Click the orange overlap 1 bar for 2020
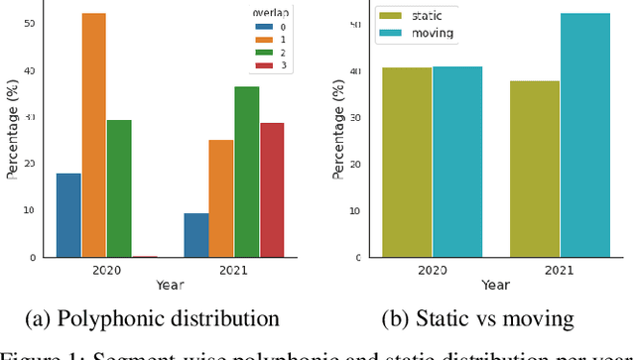(94, 135)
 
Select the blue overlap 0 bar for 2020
(68, 215)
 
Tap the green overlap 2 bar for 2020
(119, 188)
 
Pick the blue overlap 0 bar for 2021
(196, 235)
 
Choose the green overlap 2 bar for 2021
(247, 172)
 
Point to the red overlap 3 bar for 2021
(272, 189)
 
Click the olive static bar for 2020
(407, 163)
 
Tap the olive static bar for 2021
(535, 169)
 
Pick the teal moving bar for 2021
(585, 135)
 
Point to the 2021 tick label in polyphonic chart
(234, 270)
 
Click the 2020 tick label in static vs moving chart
(433, 270)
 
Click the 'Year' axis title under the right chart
(495, 285)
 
